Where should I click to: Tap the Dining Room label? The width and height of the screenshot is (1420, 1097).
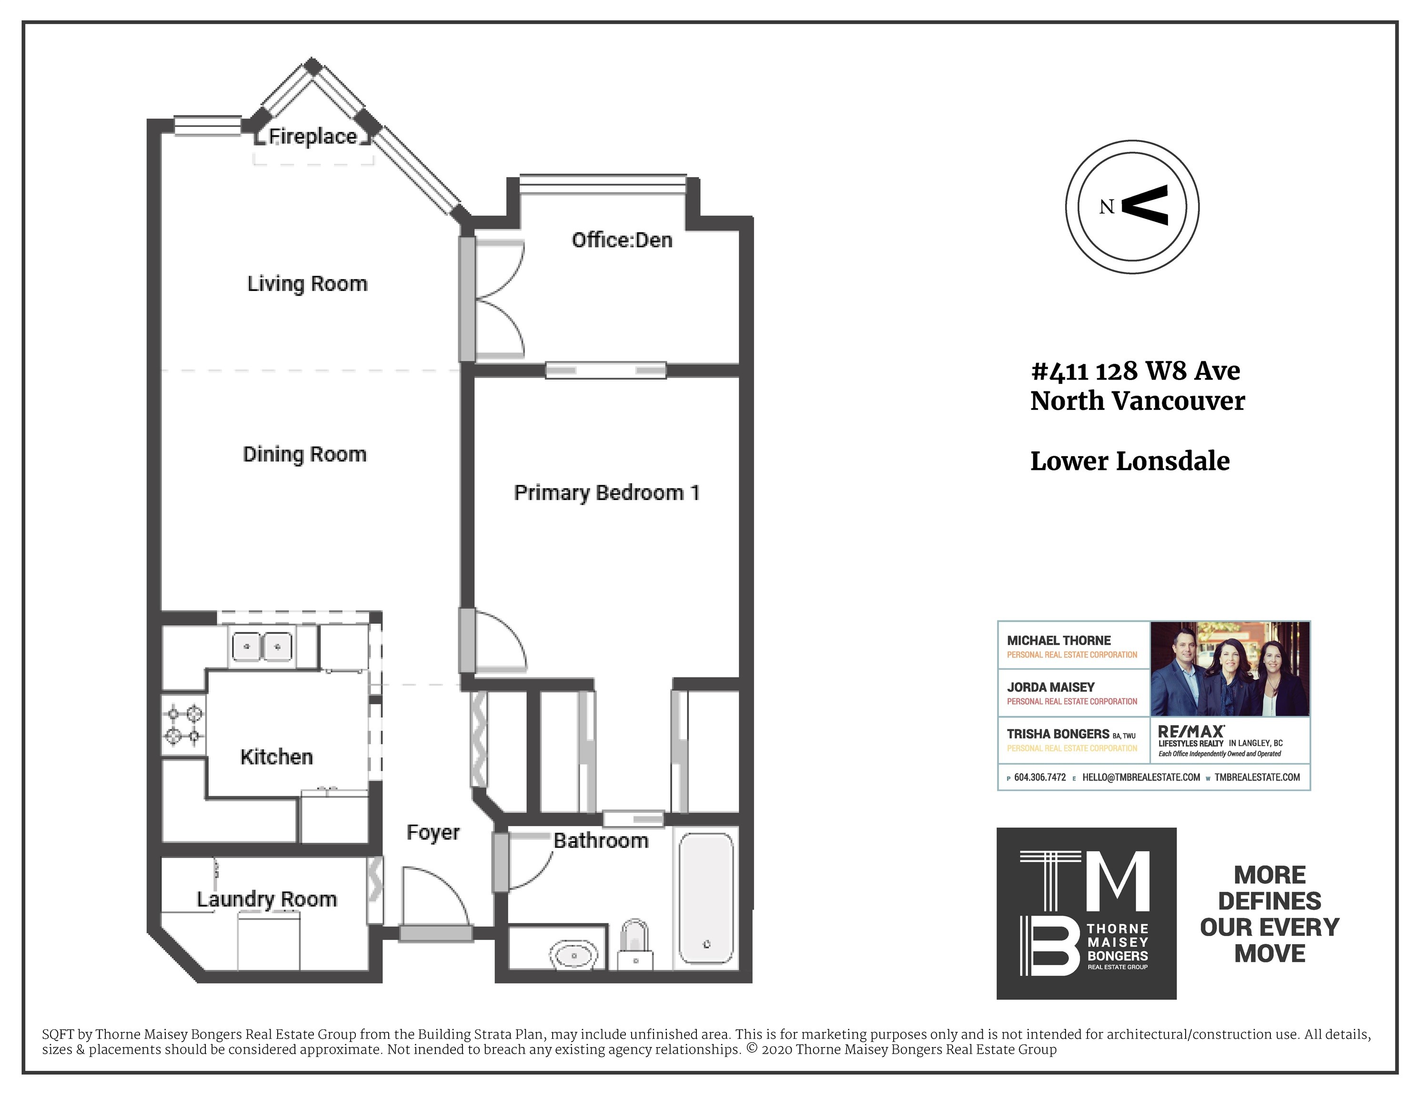click(x=304, y=454)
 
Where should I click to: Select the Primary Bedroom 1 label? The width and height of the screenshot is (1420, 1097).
click(x=606, y=493)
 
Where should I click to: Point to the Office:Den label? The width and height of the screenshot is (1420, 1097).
click(x=622, y=240)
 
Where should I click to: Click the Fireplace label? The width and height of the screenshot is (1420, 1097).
click(x=313, y=137)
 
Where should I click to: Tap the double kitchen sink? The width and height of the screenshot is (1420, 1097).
click(x=262, y=647)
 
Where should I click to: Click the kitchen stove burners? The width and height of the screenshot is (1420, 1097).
click(x=184, y=725)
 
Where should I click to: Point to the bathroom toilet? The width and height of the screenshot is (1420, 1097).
click(x=634, y=944)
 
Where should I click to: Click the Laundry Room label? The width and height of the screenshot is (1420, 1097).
click(x=267, y=899)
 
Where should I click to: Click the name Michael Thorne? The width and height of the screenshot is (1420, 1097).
click(x=1058, y=641)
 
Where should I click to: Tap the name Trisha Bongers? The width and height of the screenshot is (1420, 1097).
click(x=1058, y=734)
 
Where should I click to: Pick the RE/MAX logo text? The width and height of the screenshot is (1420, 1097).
click(x=1191, y=732)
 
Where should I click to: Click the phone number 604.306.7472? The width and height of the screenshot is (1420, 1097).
click(x=1040, y=777)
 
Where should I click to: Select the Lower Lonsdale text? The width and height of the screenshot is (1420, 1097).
click(x=1130, y=461)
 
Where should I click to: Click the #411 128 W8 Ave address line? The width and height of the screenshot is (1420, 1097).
click(x=1135, y=371)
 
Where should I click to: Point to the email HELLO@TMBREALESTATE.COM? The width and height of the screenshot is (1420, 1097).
click(x=1141, y=777)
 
